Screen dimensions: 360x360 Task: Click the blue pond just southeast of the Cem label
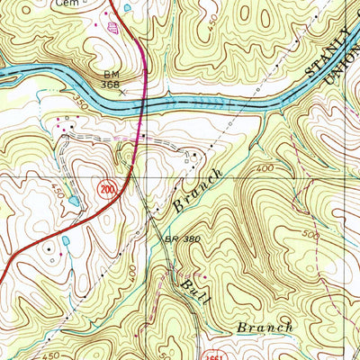[x=126, y=7]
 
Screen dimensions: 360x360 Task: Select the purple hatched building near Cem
[x=112, y=27]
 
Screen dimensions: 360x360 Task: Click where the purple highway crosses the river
[x=141, y=102]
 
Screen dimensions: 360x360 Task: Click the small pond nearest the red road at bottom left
[x=66, y=241]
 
